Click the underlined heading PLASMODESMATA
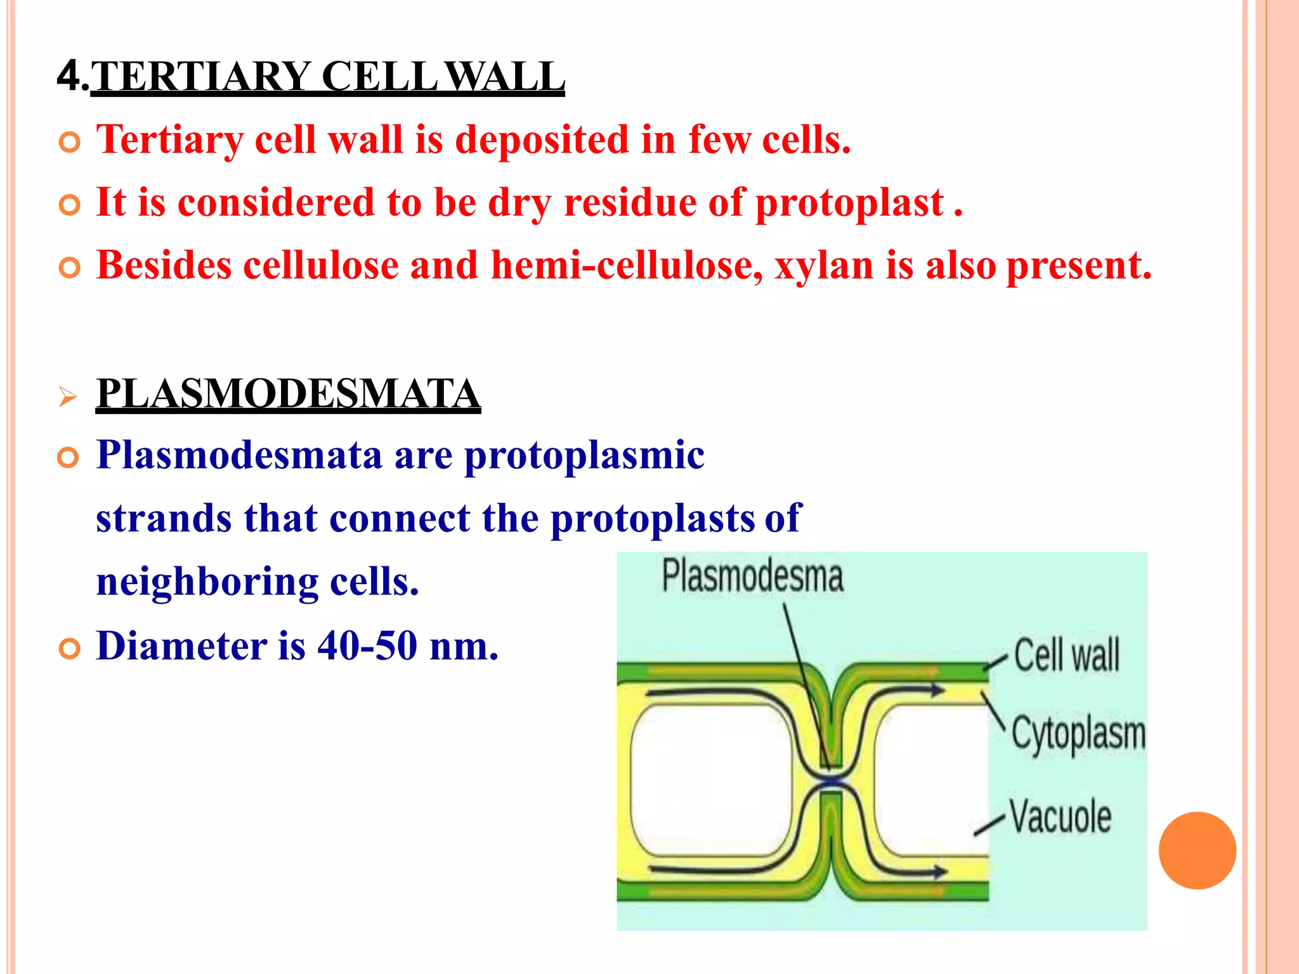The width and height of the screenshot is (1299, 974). coord(288,394)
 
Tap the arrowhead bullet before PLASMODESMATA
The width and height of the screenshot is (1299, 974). coord(67,398)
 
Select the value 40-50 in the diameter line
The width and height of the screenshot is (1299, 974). coord(367,646)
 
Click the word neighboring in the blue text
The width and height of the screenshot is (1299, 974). coord(207,582)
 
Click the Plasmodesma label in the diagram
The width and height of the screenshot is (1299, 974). coord(752,576)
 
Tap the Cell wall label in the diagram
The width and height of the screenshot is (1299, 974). coord(1066,655)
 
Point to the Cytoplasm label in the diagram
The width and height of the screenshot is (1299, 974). coord(1078,734)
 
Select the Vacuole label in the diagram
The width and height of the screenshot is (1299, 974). coord(1061,816)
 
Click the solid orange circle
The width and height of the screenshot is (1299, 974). coord(1197,850)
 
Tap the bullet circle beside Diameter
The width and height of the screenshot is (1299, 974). coord(69,649)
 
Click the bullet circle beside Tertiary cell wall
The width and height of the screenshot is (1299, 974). coord(69,143)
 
